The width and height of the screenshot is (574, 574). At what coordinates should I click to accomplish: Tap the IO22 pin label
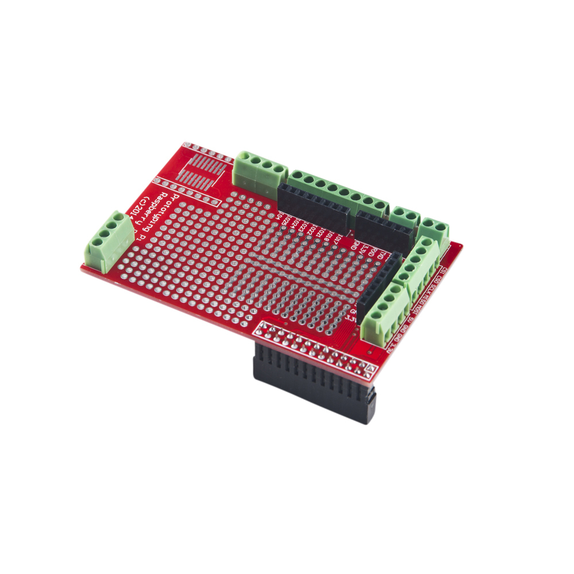pos(313,230)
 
